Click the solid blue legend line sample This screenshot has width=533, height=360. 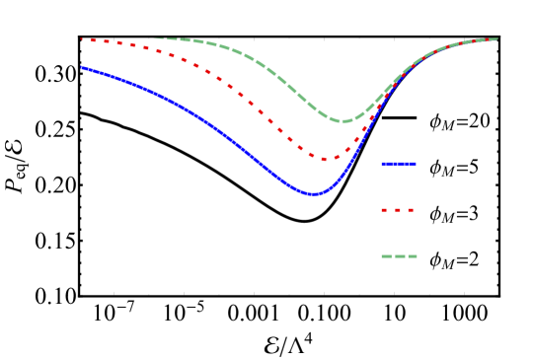pyautogui.click(x=399, y=164)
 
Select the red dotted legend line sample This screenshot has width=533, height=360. pyautogui.click(x=398, y=210)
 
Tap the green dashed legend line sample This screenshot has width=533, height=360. pyautogui.click(x=399, y=256)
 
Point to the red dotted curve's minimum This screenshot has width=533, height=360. pyautogui.click(x=326, y=158)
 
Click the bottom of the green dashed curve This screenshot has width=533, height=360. pyautogui.click(x=343, y=121)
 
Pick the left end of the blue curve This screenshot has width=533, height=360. pyautogui.click(x=81, y=67)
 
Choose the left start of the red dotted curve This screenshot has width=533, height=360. pyautogui.click(x=81, y=40)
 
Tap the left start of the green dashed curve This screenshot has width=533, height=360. pyautogui.click(x=156, y=38)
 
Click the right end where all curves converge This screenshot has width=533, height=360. pyautogui.click(x=496, y=39)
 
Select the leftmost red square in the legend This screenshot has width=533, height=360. pyautogui.click(x=384, y=210)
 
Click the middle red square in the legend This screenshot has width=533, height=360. pyautogui.click(x=398, y=210)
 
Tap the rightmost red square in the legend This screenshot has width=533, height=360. pyautogui.click(x=411, y=210)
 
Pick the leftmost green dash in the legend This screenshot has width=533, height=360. pyautogui.click(x=386, y=256)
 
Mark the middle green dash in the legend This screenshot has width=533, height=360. pyautogui.click(x=399, y=256)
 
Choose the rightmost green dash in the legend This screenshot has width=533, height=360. pyautogui.click(x=412, y=256)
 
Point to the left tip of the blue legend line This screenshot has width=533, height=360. pyautogui.click(x=382, y=164)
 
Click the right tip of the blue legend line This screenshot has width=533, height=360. pyautogui.click(x=416, y=164)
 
